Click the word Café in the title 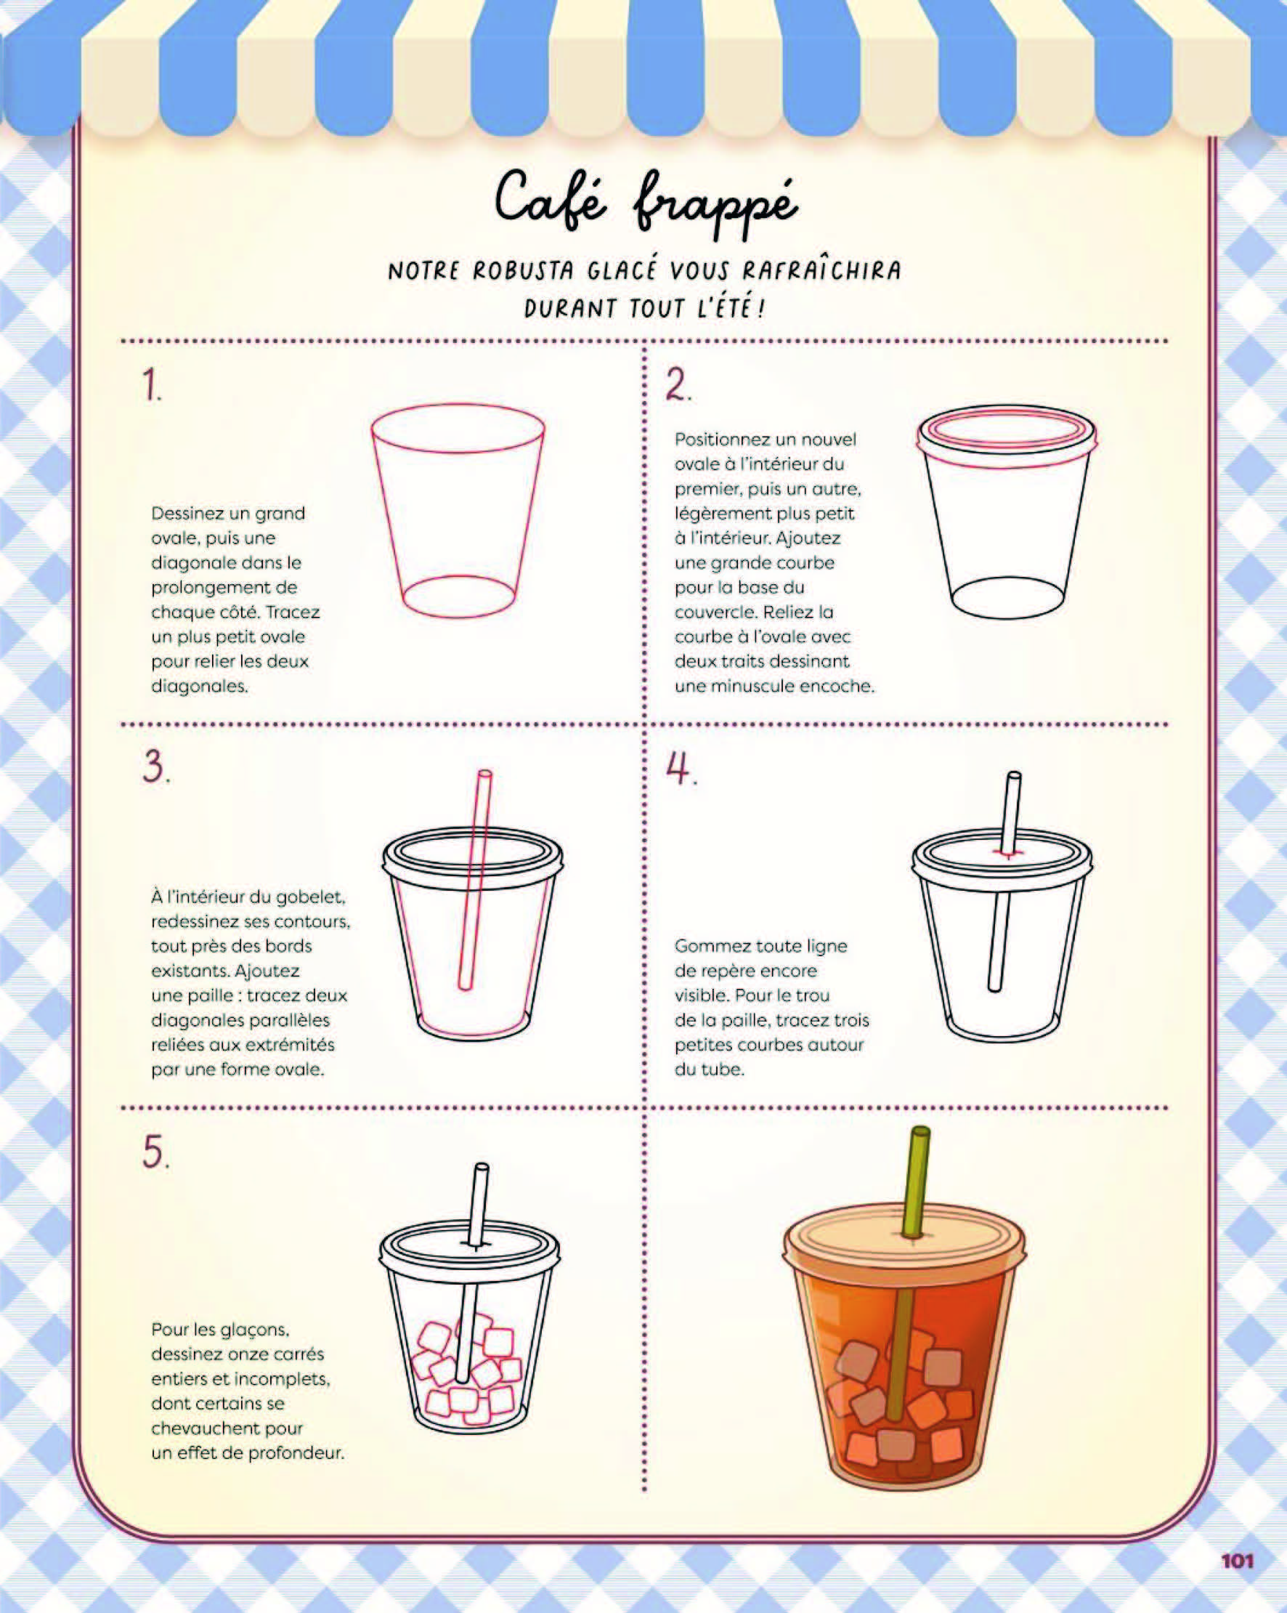click(x=550, y=199)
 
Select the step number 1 click(x=153, y=386)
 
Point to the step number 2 click(x=678, y=386)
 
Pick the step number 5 click(x=155, y=1152)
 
